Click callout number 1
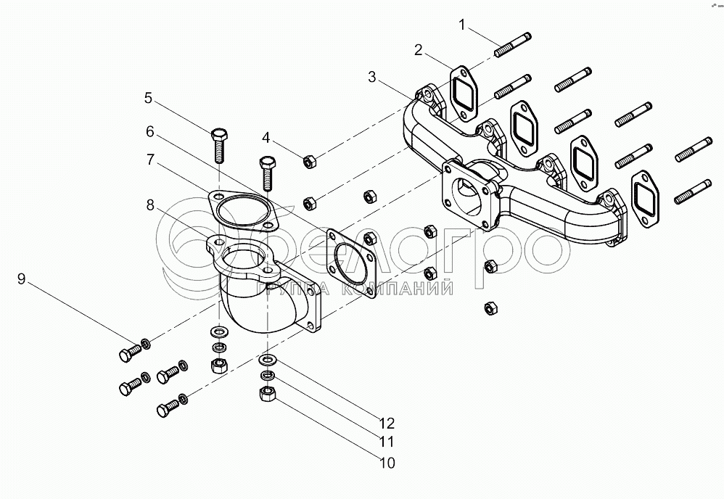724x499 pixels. pyautogui.click(x=461, y=25)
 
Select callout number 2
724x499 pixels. pyautogui.click(x=419, y=49)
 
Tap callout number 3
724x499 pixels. pyautogui.click(x=371, y=76)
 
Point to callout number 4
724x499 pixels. pyautogui.click(x=266, y=137)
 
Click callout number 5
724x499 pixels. pyautogui.click(x=148, y=97)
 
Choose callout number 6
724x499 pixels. pyautogui.click(x=150, y=131)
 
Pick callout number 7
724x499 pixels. pyautogui.click(x=150, y=160)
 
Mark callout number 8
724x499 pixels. pyautogui.click(x=150, y=205)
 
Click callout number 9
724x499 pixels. pyautogui.click(x=21, y=279)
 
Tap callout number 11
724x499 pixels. pyautogui.click(x=387, y=441)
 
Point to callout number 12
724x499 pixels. pyautogui.click(x=387, y=422)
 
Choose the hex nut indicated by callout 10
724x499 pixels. pyautogui.click(x=266, y=394)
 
